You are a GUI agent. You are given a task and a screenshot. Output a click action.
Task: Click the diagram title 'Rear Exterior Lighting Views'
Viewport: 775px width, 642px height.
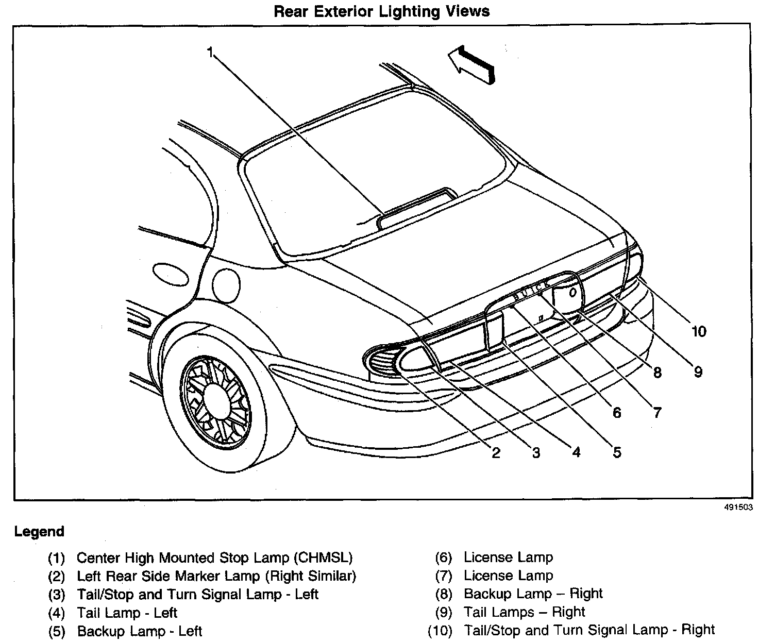coord(381,11)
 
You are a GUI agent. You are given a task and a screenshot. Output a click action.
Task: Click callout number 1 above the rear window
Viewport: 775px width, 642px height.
coord(210,52)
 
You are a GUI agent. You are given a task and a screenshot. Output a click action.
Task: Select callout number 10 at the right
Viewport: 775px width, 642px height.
coord(699,331)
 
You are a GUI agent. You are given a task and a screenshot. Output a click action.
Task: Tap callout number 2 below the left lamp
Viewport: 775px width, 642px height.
coord(496,452)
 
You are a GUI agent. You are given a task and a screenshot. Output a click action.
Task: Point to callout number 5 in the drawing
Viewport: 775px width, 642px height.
coord(617,452)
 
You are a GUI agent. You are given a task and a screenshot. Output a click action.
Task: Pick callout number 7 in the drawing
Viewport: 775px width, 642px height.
coord(657,412)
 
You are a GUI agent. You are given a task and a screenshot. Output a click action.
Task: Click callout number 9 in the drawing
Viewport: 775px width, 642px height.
coord(698,371)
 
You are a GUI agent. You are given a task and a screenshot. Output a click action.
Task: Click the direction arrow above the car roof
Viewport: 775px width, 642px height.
coord(471,63)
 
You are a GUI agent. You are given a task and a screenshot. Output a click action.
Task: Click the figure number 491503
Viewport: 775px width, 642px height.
coord(739,507)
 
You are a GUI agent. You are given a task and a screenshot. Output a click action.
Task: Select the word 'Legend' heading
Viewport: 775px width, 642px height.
coord(39,532)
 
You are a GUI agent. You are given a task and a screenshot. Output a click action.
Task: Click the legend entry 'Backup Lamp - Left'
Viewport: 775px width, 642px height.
coord(139,631)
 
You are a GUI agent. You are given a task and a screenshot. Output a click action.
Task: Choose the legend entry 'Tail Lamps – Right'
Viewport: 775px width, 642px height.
coord(524,612)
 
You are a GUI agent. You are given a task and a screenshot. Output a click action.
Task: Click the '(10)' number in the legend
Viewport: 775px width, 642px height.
coord(440,631)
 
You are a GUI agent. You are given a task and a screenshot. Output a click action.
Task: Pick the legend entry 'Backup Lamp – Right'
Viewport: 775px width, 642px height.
coord(533,594)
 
